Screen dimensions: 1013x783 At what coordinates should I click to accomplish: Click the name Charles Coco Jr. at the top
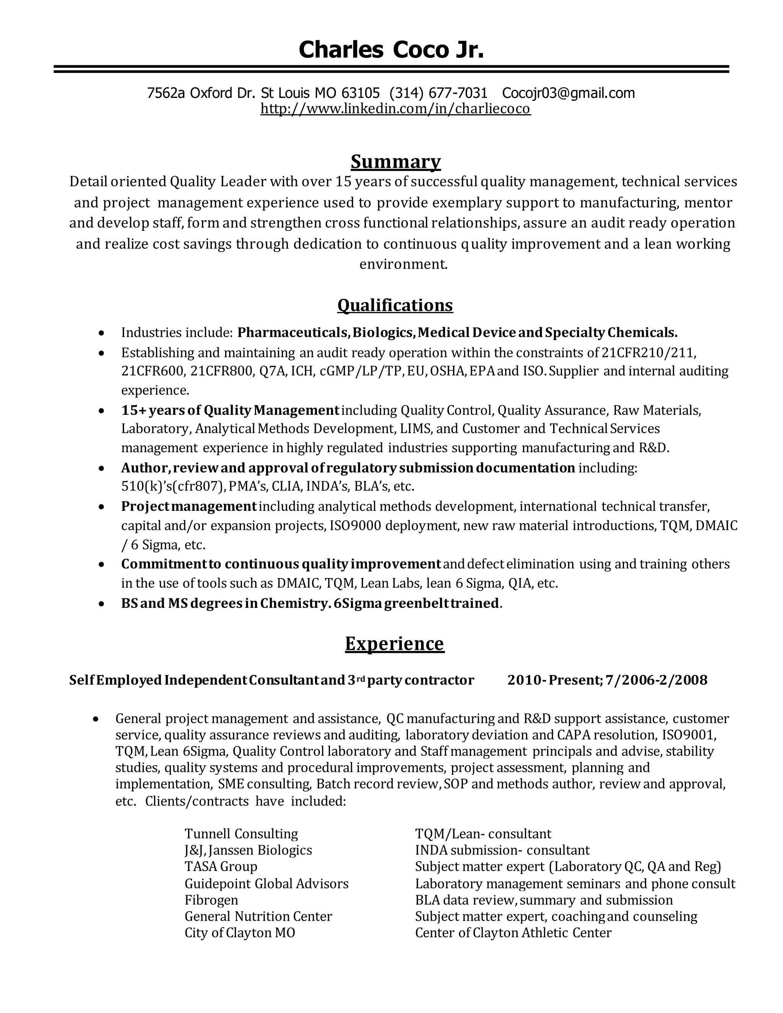pos(391,50)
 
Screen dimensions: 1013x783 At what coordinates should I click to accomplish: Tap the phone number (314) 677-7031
pos(439,93)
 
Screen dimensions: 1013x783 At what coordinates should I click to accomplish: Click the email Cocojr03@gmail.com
pos(568,93)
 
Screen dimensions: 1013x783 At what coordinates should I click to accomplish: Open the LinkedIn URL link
pos(395,109)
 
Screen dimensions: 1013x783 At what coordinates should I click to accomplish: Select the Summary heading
pos(395,161)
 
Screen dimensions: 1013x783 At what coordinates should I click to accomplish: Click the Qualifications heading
pos(395,305)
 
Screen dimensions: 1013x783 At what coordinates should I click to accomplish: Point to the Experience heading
pos(394,644)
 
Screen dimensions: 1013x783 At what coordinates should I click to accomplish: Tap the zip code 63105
pos(361,93)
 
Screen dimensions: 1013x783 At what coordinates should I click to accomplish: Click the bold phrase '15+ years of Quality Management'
pos(230,410)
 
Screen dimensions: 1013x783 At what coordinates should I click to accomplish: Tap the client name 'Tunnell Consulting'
pos(241,833)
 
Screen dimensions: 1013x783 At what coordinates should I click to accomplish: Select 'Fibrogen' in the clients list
pos(211,900)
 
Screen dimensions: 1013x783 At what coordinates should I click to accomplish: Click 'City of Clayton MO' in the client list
pos(240,933)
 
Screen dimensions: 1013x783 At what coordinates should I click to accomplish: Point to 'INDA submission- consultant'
pos(502,850)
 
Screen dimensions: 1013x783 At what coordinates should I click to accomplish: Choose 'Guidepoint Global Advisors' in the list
pos(266,883)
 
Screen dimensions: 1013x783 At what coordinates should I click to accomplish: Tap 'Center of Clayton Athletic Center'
pos(513,933)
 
